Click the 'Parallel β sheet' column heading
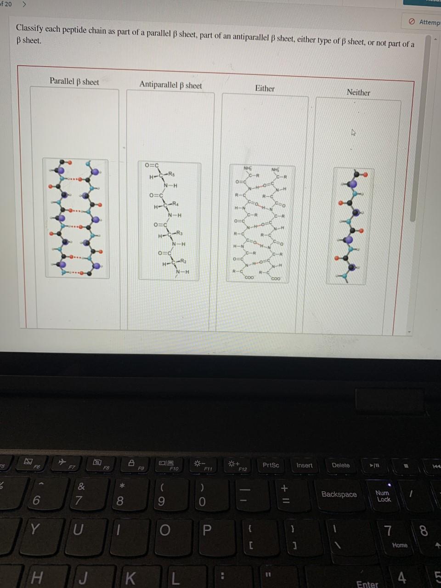tap(74, 81)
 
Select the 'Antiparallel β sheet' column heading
tap(170, 85)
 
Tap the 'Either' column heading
tap(265, 88)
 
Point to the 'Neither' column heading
tap(358, 92)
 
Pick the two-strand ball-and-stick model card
tap(76, 218)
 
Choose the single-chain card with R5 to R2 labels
tap(169, 220)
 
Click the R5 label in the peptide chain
tap(171, 174)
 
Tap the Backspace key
tap(339, 494)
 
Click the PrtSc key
tap(271, 465)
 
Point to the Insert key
tap(304, 465)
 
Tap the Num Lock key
tap(382, 496)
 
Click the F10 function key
tap(174, 465)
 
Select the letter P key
tap(207, 530)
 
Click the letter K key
tap(130, 578)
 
